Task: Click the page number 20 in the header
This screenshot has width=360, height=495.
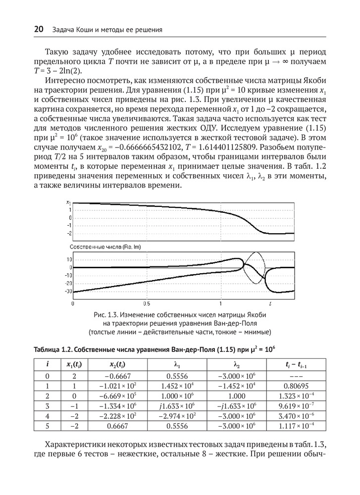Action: [39, 30]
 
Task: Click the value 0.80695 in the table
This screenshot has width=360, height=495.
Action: [295, 385]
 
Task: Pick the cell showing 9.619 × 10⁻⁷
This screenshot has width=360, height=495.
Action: [295, 405]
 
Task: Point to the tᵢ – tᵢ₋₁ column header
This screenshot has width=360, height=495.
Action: [295, 364]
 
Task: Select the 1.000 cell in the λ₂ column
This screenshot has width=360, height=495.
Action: [236, 395]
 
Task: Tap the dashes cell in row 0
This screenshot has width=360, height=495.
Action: [295, 374]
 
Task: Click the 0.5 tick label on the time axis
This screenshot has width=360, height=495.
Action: [147, 302]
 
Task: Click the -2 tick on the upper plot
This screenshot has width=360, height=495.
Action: [70, 233]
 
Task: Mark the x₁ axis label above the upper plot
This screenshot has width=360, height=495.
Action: [68, 202]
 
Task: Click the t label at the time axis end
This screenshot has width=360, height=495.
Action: [270, 302]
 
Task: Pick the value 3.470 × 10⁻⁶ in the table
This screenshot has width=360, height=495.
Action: [295, 416]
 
